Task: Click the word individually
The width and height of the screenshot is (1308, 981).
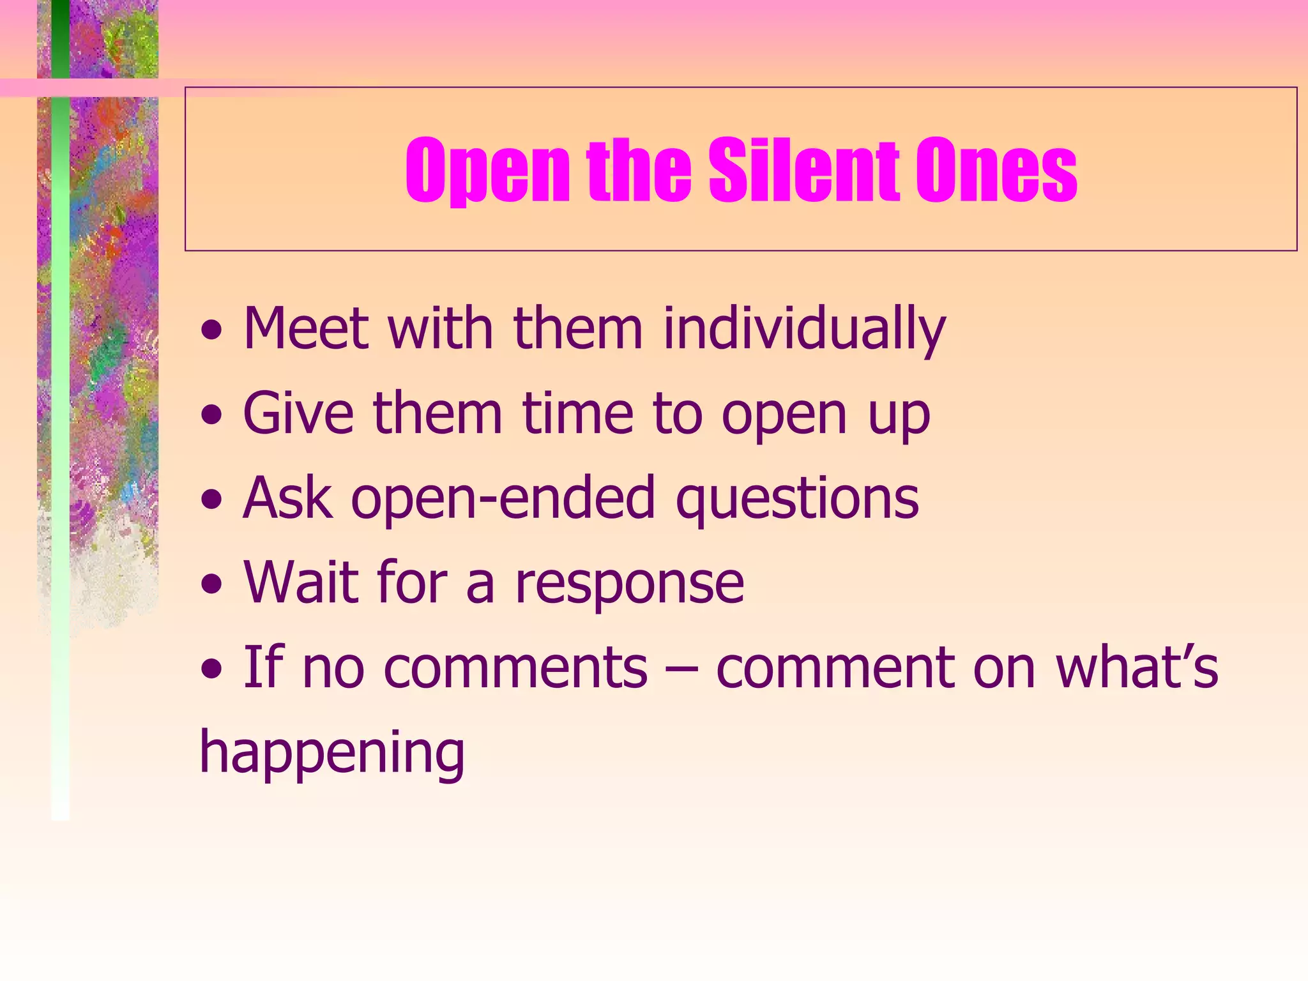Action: click(804, 330)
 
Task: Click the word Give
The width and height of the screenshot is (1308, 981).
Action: click(298, 414)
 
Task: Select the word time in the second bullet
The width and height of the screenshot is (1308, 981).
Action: click(577, 414)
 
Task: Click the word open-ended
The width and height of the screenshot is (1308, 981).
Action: click(503, 498)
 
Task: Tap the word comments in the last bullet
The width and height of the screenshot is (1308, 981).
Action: click(515, 667)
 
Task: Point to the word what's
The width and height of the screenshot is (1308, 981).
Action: click(1137, 667)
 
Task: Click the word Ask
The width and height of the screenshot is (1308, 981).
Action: click(287, 498)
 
